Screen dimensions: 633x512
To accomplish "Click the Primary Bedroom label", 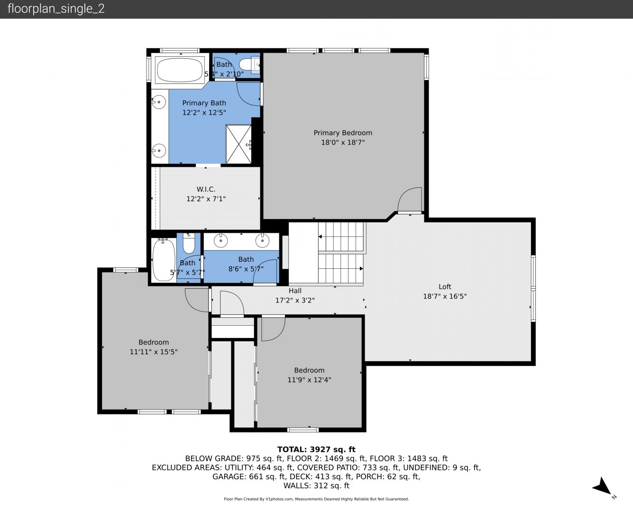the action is [343, 133].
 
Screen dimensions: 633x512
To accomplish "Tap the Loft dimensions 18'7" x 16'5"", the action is [445, 296].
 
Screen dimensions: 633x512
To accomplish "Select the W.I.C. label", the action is [206, 189].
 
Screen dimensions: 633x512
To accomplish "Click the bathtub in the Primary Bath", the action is [179, 70].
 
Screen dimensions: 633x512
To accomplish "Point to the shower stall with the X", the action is [239, 144].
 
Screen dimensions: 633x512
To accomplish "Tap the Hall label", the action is [295, 291].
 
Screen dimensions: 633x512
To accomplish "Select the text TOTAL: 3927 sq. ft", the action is [316, 449].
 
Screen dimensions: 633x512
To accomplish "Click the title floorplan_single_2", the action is [56, 9].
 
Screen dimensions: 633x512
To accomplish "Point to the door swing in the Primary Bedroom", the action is [410, 199].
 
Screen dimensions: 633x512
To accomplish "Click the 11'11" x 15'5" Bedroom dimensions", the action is [154, 352].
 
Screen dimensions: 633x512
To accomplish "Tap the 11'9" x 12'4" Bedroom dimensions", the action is [309, 380].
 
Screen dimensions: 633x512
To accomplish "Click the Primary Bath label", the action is [204, 103].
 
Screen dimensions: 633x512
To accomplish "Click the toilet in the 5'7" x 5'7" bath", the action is [189, 243].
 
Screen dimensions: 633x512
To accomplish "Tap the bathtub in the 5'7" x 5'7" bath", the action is [164, 260].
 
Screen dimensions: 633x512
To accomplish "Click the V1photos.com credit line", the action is [316, 499].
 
